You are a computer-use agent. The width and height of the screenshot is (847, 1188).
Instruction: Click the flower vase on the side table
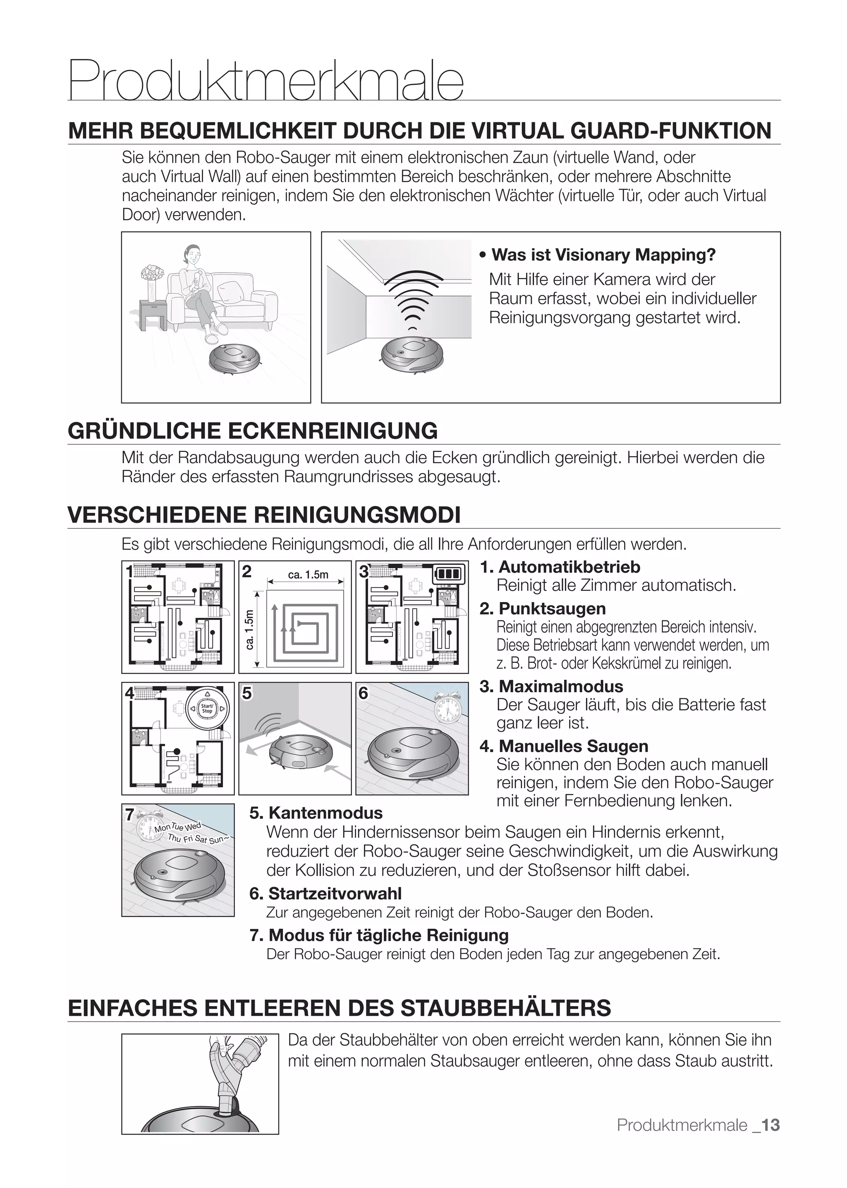[152, 282]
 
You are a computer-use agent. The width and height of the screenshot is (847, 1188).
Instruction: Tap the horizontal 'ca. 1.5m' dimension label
[308, 575]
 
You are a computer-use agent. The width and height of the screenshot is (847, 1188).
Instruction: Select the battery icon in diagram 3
[449, 575]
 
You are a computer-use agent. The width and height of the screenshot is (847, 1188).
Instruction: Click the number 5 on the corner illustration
[247, 693]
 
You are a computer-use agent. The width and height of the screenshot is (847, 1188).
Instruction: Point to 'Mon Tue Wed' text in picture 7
[177, 827]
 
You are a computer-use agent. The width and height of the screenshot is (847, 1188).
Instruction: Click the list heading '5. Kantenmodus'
[316, 813]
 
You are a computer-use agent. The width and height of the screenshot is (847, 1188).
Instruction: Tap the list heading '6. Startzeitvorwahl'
[325, 893]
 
